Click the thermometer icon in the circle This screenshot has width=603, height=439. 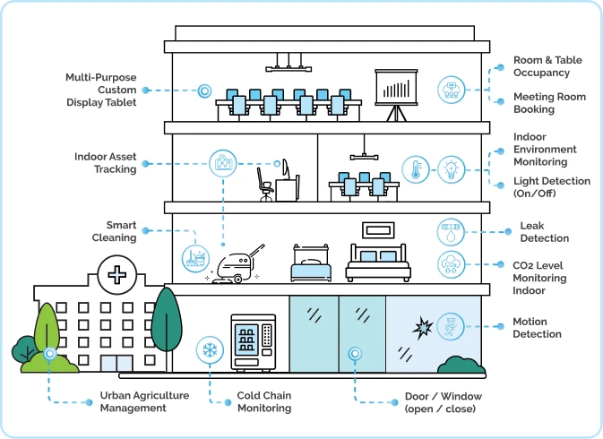pyautogui.click(x=416, y=169)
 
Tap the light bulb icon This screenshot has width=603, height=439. pyautogui.click(x=451, y=169)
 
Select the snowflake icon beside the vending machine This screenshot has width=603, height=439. pyautogui.click(x=210, y=349)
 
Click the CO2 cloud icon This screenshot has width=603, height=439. pyautogui.click(x=451, y=264)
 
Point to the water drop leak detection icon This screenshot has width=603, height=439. pyautogui.click(x=451, y=232)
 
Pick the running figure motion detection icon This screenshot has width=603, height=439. pyautogui.click(x=451, y=326)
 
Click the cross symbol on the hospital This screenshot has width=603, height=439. pyautogui.click(x=116, y=275)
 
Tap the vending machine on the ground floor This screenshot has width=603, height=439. pyautogui.click(x=254, y=343)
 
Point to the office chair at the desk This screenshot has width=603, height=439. pyautogui.click(x=265, y=185)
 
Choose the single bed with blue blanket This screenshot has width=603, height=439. pyautogui.click(x=311, y=263)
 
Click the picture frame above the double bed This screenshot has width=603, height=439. pyautogui.click(x=378, y=230)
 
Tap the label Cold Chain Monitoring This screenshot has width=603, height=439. pyautogui.click(x=264, y=401)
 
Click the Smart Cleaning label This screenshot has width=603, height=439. pyautogui.click(x=114, y=231)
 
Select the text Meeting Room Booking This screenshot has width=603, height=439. pyautogui.click(x=549, y=103)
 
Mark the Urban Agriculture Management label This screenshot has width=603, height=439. pyautogui.click(x=144, y=401)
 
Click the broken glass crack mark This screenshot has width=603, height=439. pyautogui.click(x=423, y=328)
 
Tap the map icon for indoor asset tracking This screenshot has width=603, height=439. pyautogui.click(x=223, y=163)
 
